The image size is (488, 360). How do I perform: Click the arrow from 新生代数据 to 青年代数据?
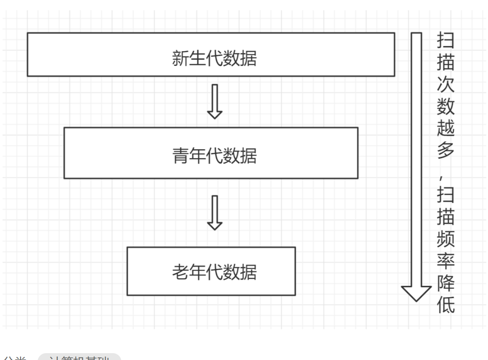(215, 101)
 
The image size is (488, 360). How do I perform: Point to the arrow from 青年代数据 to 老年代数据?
(215, 212)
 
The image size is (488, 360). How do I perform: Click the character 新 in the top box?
(180, 59)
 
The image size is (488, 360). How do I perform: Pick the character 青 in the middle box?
(180, 156)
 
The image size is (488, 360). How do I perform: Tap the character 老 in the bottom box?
(180, 272)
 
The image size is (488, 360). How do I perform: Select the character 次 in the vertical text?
(446, 85)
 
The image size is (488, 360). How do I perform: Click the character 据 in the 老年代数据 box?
(249, 272)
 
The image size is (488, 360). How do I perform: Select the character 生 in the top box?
(197, 59)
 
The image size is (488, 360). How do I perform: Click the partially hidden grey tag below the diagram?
(79, 357)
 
